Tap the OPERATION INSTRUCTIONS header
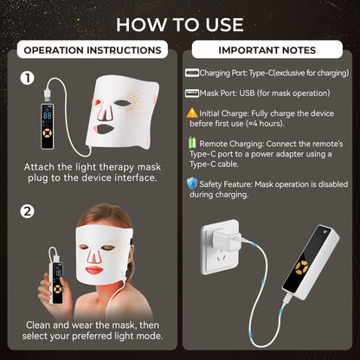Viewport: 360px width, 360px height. (x=88, y=50)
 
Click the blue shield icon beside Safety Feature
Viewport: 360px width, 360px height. (x=191, y=183)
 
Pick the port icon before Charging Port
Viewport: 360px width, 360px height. (x=191, y=74)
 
